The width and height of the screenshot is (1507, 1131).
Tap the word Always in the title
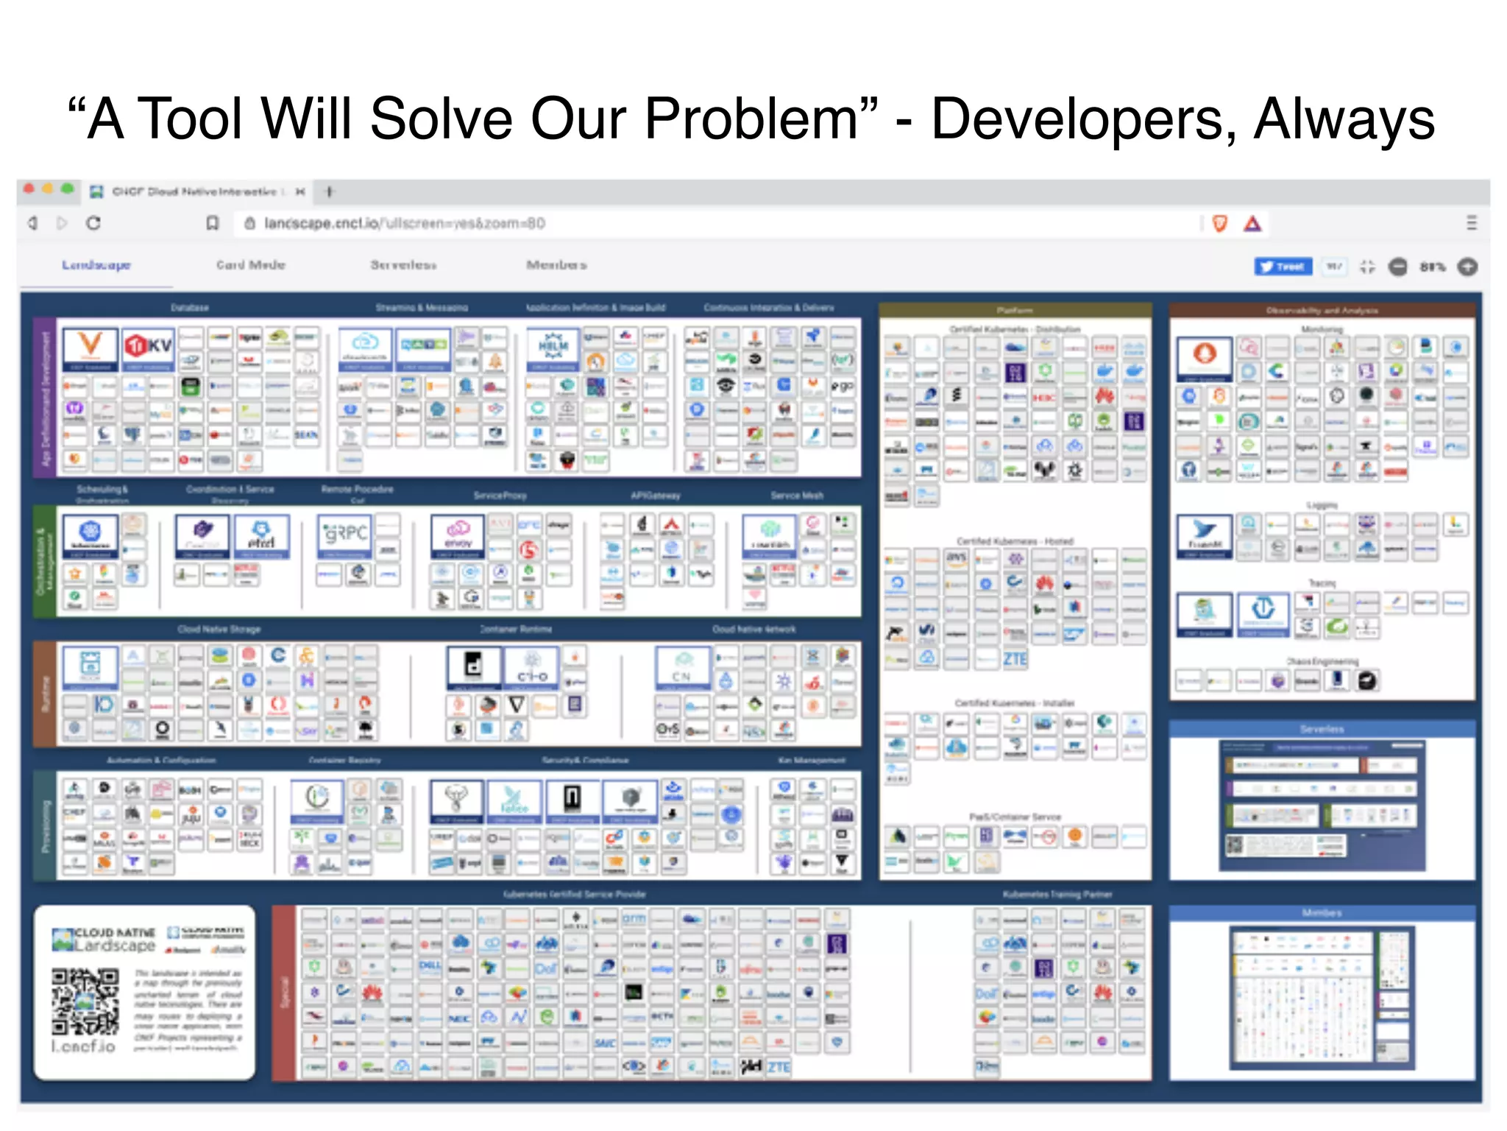pos(1344,119)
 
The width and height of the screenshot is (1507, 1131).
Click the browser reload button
pos(93,223)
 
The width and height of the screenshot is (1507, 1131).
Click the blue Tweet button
pos(1283,267)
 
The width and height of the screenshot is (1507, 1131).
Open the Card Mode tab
pos(250,265)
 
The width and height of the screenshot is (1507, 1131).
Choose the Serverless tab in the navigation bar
pos(403,265)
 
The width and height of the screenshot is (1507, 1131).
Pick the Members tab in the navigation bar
pos(556,265)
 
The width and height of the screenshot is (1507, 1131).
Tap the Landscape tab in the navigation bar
pos(96,265)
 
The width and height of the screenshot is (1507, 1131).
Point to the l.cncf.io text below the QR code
pos(83,1046)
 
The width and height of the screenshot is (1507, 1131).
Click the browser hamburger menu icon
pos(1471,223)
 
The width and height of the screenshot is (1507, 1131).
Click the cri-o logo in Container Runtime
pos(532,668)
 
